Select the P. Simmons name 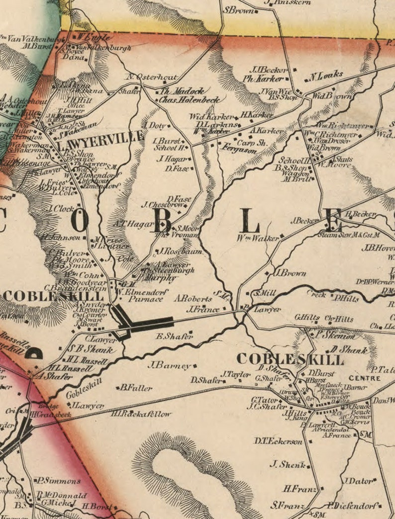point(58,481)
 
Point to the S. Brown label point(238,9)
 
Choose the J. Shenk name point(287,465)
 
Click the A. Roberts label point(193,299)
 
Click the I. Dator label point(358,481)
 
